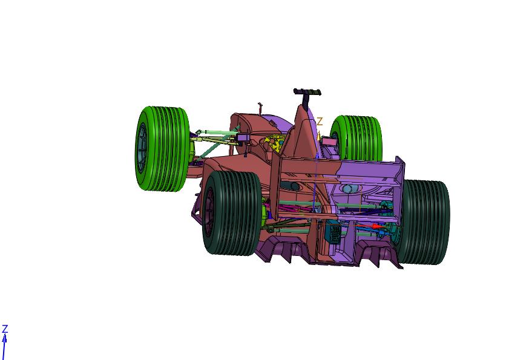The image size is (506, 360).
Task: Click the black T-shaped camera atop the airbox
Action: (307, 93)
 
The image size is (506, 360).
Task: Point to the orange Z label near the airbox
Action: (320, 122)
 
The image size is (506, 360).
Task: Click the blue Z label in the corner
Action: (5, 329)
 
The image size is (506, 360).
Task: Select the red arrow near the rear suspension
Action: (376, 226)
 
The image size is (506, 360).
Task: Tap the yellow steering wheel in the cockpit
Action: (275, 145)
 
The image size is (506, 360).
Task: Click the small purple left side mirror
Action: (244, 139)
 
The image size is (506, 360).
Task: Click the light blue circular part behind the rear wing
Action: (348, 189)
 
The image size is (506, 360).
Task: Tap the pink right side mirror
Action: (329, 141)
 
